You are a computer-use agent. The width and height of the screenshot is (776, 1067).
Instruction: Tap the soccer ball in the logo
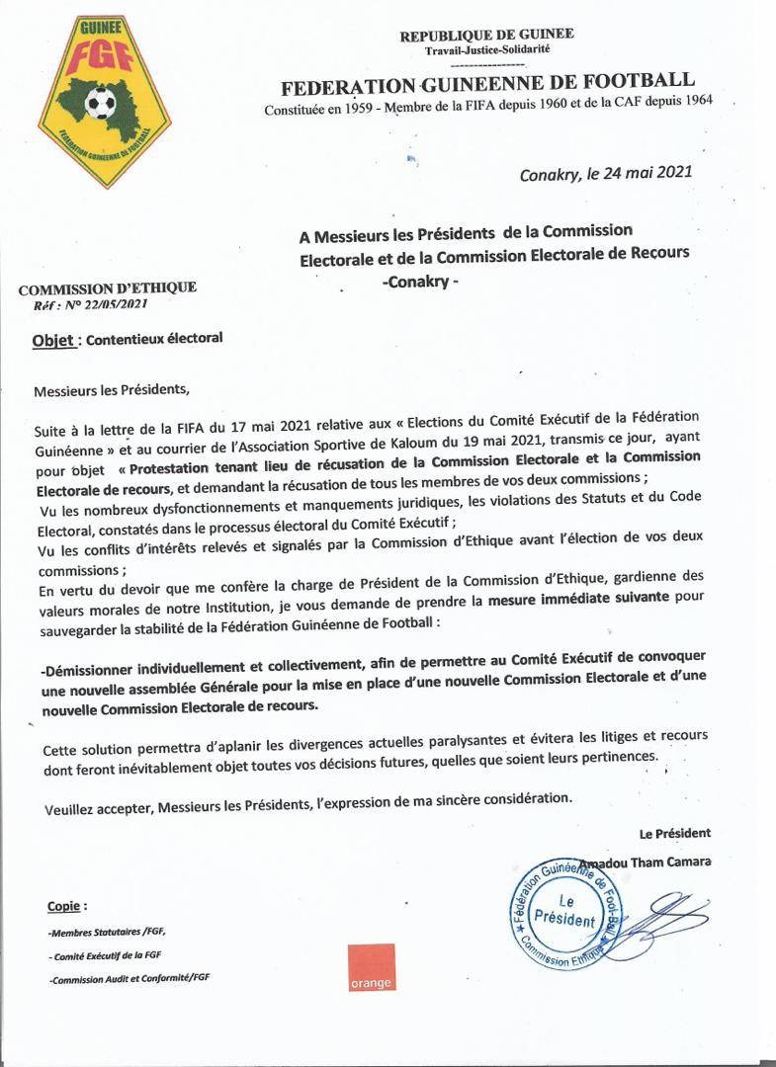point(100,101)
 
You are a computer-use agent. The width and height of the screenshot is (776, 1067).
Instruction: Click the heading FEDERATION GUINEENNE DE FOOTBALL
point(487,82)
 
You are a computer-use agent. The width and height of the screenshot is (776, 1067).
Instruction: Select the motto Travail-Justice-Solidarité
point(486,49)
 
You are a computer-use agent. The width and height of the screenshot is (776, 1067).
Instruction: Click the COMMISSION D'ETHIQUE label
point(108,287)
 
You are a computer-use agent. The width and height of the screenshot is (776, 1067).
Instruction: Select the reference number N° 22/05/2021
point(99,304)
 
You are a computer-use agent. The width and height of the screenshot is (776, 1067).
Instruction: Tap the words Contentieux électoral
point(154,339)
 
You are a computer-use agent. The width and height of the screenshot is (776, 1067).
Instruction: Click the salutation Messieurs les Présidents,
point(110,389)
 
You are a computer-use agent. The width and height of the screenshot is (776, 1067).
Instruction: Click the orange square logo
point(371,968)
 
